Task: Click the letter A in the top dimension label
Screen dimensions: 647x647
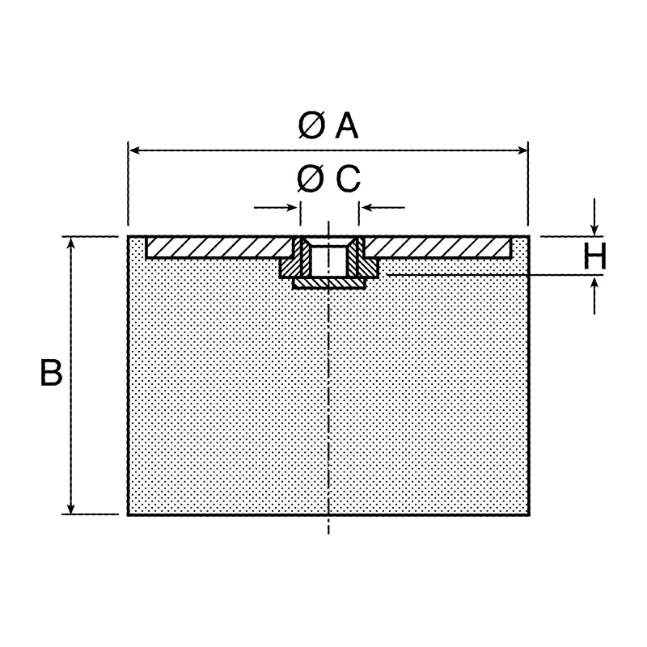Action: (347, 125)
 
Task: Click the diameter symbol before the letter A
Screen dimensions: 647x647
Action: (311, 125)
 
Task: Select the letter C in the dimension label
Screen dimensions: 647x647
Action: (349, 179)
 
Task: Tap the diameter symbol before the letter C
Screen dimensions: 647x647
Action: (311, 179)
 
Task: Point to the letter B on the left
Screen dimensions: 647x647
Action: (51, 373)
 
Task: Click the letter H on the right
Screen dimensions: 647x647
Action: (594, 256)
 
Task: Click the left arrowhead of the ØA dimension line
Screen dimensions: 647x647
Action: (135, 150)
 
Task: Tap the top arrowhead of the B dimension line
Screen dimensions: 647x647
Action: (71, 244)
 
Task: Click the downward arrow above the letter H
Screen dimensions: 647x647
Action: (594, 218)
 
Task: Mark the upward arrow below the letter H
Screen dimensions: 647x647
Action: (594, 295)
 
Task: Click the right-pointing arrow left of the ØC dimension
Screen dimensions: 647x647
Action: (276, 207)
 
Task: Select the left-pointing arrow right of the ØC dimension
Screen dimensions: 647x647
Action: (383, 207)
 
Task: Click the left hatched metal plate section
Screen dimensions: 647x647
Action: (219, 247)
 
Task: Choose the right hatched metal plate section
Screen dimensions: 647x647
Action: (438, 247)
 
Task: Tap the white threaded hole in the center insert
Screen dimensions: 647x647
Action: (328, 260)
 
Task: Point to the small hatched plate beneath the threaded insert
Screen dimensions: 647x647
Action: (329, 284)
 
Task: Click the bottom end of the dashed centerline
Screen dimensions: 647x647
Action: (328, 534)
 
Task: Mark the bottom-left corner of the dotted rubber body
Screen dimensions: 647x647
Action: (129, 515)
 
